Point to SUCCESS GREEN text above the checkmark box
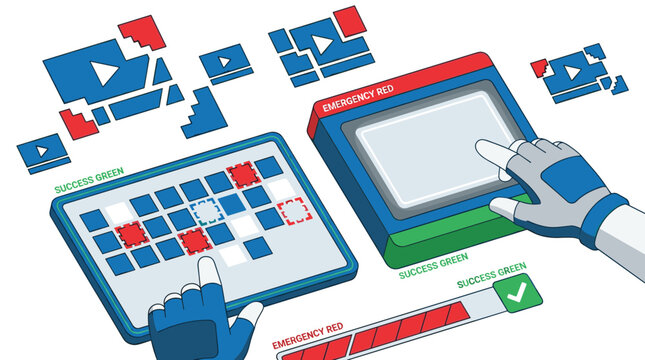tap(492, 269)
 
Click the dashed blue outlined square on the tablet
tap(206, 211)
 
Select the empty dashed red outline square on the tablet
tap(293, 211)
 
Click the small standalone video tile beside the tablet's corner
tap(42, 153)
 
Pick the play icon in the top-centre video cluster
tap(323, 42)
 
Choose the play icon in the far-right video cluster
tap(574, 71)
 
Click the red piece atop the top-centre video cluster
tap(348, 19)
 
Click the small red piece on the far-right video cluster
tap(539, 68)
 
